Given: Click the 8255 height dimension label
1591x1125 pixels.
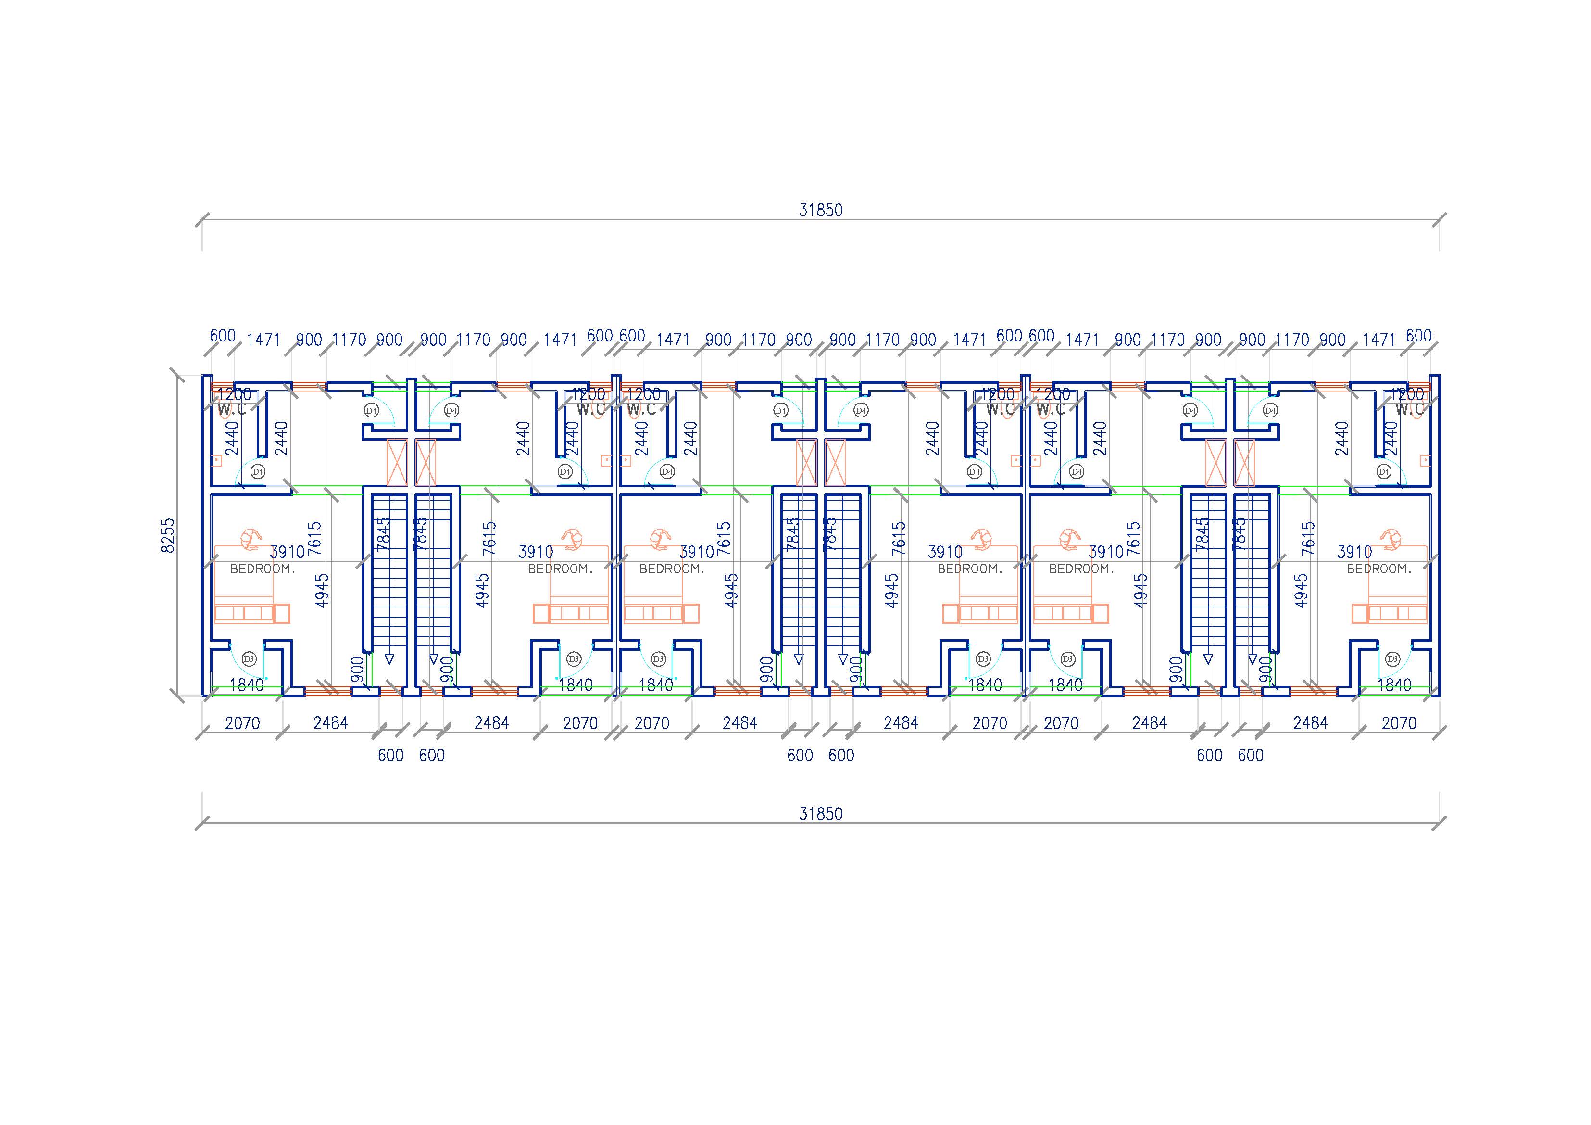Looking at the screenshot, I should coord(168,535).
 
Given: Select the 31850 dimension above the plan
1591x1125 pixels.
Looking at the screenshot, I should coord(820,210).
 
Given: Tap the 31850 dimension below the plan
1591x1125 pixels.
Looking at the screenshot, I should coord(820,814).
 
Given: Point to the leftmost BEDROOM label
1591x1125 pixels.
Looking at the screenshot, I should coord(263,569).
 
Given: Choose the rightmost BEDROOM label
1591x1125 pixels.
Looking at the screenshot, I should coord(1379,569).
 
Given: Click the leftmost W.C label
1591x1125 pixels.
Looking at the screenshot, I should coord(231,410).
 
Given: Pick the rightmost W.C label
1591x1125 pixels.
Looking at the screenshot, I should coord(1409,410).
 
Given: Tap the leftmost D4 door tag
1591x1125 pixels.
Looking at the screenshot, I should coord(258,471).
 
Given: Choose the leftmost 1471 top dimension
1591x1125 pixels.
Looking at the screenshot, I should coord(263,340).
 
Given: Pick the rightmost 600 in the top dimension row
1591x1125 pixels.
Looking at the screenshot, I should coord(1418,336).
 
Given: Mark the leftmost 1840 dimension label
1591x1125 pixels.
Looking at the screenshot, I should coord(247,685).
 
